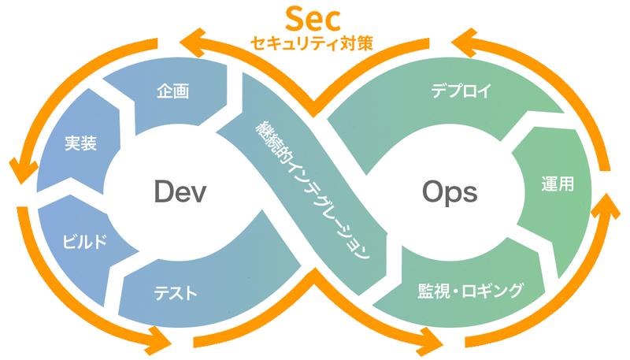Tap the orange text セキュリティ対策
point(315,43)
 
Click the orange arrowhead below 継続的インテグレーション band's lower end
point(432,341)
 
